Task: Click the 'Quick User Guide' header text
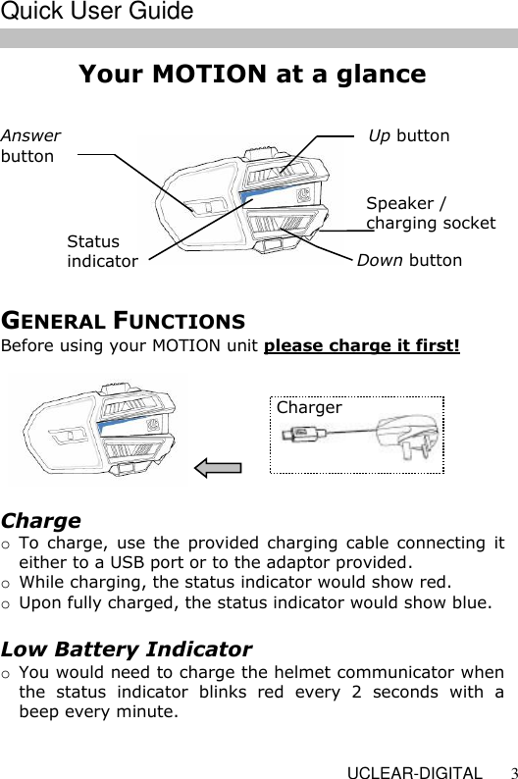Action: tap(97, 13)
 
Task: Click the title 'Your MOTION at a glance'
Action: tap(252, 75)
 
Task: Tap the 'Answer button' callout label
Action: tap(30, 146)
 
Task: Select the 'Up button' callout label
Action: tap(408, 135)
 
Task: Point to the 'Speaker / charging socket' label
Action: tap(430, 213)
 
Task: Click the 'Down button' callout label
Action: tap(408, 260)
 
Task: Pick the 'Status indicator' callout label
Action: tap(102, 251)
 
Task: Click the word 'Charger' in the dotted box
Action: tap(309, 407)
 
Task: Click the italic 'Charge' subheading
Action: tap(41, 520)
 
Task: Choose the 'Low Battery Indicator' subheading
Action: tap(127, 649)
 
